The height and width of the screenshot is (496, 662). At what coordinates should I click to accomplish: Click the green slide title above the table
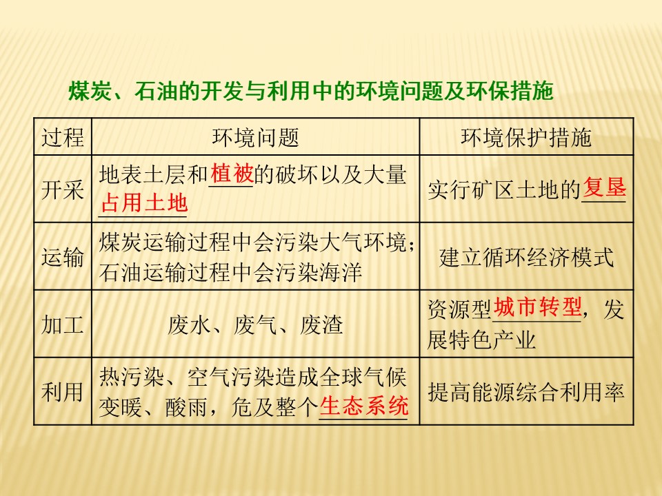pos(311,92)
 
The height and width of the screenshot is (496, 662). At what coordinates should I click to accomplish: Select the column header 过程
pos(63,138)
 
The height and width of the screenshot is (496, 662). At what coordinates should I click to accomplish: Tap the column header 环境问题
pos(255,138)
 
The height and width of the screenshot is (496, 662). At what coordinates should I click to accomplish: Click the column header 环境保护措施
pos(526,138)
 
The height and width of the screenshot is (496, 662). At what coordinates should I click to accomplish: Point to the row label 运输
pos(63,258)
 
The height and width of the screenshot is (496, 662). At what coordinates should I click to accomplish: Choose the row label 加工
pos(63,324)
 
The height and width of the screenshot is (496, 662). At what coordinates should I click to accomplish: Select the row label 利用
pos(63,392)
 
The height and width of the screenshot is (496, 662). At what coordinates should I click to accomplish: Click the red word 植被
pos(232,175)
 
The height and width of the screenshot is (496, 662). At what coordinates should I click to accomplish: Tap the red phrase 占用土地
pos(144,203)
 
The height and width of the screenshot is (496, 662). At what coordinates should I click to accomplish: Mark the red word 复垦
pos(604,187)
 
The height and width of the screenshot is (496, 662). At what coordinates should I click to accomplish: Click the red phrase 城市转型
pos(538,308)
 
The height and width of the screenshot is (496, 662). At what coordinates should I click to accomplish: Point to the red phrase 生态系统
pos(364,406)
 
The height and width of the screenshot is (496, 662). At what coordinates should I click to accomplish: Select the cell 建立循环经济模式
pos(526,258)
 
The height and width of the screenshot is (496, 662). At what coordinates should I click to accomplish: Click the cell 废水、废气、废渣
pos(255,324)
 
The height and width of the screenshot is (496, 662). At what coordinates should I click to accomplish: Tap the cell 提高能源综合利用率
pos(526,392)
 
